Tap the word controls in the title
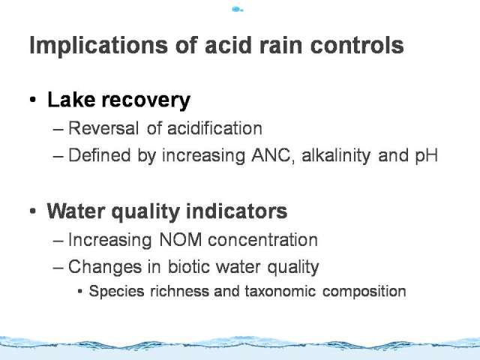pos(357,45)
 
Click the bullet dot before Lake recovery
pos(33,100)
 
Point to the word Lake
pos(71,100)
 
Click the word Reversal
pos(103,128)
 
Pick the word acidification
pos(214,128)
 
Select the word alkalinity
pos(336,155)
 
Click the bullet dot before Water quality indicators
pos(33,211)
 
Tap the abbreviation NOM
pos(180,239)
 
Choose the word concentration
pos(262,240)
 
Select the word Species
pos(116,292)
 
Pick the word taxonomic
pos(280,291)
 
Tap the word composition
pos(364,292)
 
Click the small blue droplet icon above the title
pos(238,10)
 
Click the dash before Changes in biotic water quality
pos(58,267)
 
